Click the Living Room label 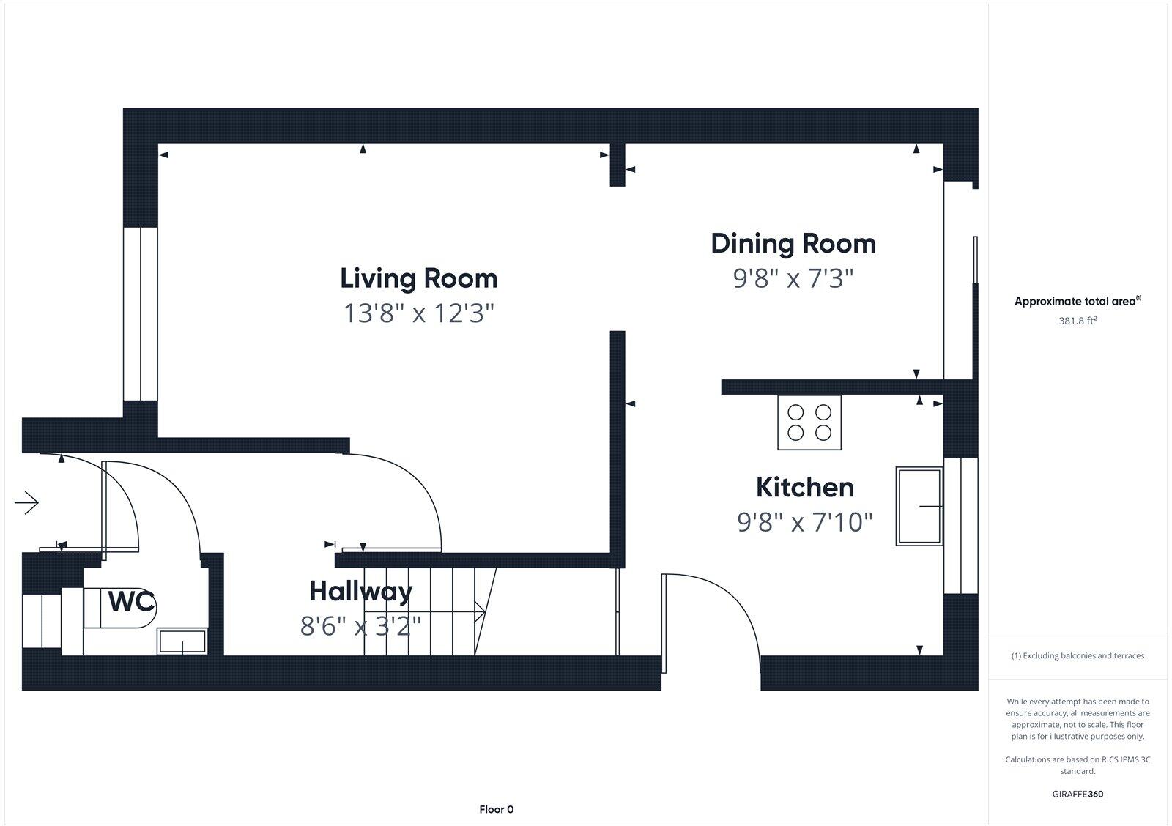click(x=418, y=278)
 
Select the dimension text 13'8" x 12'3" click(x=418, y=313)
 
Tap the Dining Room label click(x=793, y=243)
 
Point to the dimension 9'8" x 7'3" click(x=793, y=278)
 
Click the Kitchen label click(x=804, y=487)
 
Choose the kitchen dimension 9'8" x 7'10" click(x=804, y=522)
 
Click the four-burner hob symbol click(x=809, y=423)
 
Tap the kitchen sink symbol click(x=919, y=506)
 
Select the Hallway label click(x=360, y=591)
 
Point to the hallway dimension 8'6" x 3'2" click(x=360, y=626)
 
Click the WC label click(x=131, y=602)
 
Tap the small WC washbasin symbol click(x=182, y=642)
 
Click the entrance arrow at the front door click(x=27, y=503)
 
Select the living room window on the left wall click(x=141, y=313)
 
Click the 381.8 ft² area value click(x=1077, y=321)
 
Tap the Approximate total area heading click(x=1077, y=301)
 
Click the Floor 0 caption click(x=496, y=809)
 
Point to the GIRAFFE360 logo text click(x=1077, y=794)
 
